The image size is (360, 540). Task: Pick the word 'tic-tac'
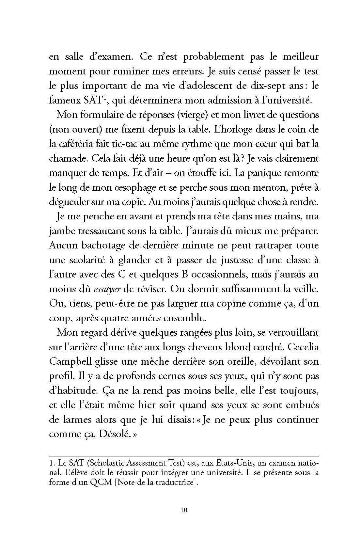click(126, 144)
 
